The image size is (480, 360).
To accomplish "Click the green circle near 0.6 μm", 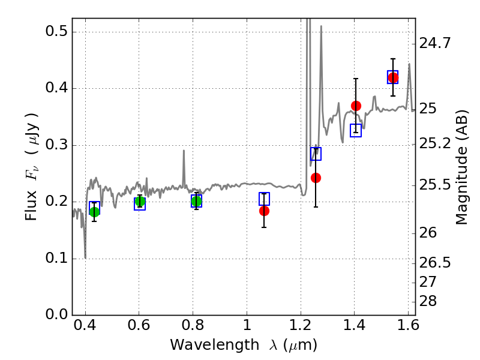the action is point(140,202).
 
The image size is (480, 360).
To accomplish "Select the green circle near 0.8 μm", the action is point(197,202).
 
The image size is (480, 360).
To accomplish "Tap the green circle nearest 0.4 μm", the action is point(95,212).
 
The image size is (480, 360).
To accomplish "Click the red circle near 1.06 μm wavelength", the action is point(264,211).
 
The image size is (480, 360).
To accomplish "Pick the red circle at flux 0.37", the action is point(356,106).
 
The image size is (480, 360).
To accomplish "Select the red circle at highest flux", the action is point(393,78).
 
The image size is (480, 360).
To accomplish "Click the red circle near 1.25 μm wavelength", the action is point(316,178).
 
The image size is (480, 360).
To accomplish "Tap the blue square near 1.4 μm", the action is point(356,130).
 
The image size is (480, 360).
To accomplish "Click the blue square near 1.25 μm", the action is point(316,154).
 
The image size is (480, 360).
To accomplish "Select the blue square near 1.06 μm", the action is point(264,199).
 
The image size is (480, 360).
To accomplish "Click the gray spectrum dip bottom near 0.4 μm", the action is point(85,258).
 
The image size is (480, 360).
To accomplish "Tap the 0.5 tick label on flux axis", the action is point(56,31).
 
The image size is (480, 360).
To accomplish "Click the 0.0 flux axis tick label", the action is point(56,314).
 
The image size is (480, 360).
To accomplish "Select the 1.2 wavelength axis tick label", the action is point(301,325).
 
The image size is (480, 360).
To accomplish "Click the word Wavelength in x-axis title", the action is point(215,345).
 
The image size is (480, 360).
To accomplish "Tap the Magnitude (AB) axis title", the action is point(461,167).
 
